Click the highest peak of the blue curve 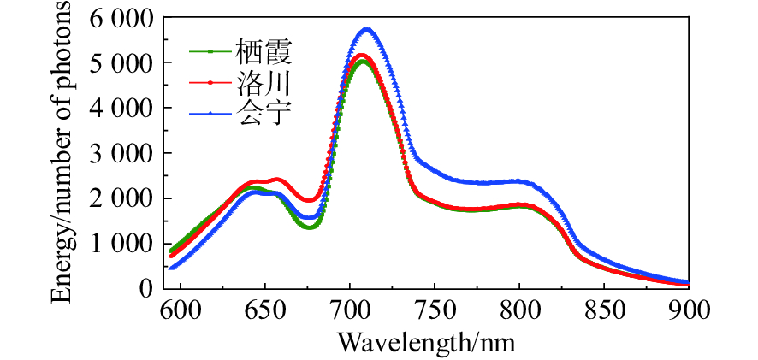click(367, 30)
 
